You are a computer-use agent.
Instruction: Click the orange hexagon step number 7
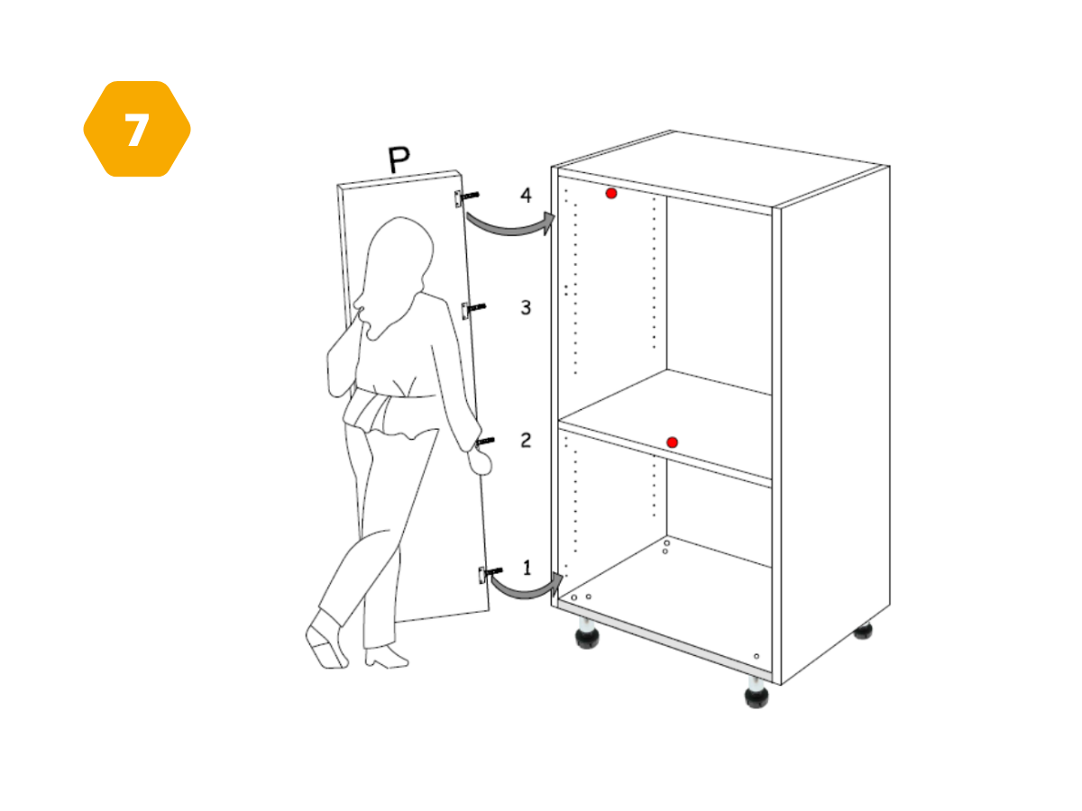point(137,129)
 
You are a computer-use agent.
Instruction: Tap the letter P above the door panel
point(399,159)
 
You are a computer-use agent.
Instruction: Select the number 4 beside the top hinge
point(526,195)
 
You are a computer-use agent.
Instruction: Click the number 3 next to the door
point(526,308)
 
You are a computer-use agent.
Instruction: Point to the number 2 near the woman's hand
point(526,441)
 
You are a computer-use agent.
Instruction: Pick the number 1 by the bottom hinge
point(527,568)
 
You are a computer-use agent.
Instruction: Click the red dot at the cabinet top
point(611,194)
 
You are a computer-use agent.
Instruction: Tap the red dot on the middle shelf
point(672,442)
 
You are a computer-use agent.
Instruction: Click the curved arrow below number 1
point(527,592)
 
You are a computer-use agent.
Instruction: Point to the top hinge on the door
point(466,197)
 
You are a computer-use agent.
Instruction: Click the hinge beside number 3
point(473,309)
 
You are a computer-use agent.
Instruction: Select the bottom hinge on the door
point(490,573)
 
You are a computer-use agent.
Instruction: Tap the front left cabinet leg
point(587,633)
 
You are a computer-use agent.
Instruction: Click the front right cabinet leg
point(756,693)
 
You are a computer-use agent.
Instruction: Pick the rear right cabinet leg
point(863,631)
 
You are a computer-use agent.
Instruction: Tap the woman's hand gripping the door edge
point(480,461)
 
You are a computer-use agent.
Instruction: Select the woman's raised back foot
point(326,642)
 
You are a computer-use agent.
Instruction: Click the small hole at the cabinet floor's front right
point(756,656)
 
